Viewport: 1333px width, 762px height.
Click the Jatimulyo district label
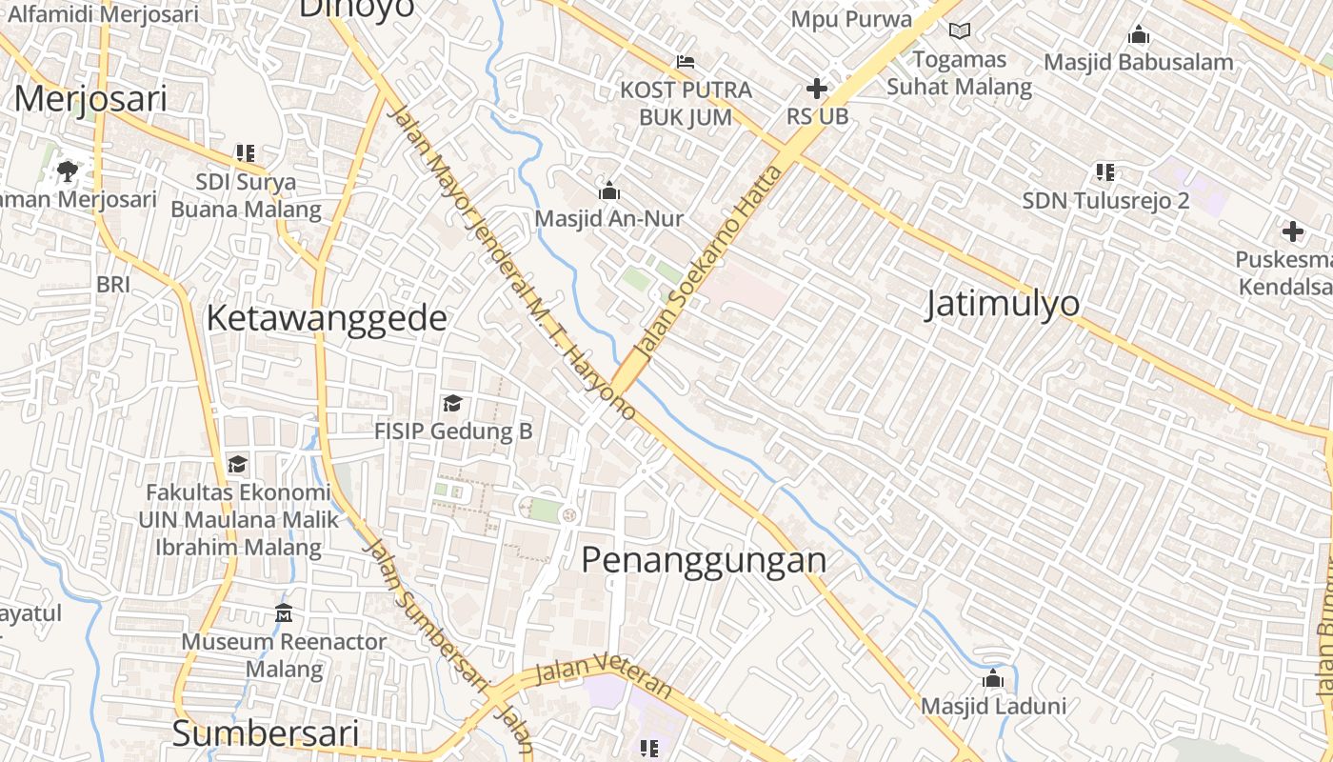(x=1003, y=303)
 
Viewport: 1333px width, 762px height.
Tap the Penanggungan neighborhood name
(x=704, y=559)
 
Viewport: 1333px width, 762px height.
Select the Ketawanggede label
(x=327, y=318)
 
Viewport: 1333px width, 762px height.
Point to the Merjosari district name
(x=90, y=99)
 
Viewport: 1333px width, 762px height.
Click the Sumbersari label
(x=266, y=734)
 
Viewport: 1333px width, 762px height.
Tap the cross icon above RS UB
(x=816, y=89)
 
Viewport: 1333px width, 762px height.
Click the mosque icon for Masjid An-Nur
(x=609, y=190)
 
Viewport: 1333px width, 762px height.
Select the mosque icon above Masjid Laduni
(x=993, y=679)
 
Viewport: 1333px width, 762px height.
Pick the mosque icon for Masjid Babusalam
(x=1138, y=35)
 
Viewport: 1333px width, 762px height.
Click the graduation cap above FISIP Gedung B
(x=452, y=404)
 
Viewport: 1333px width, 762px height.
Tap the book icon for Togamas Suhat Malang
(x=959, y=31)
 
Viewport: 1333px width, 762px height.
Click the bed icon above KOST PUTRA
(x=685, y=62)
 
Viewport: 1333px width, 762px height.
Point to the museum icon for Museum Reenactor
(x=284, y=613)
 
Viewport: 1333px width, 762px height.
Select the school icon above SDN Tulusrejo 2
(x=1104, y=172)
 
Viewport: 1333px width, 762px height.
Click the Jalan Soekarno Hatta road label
(x=709, y=262)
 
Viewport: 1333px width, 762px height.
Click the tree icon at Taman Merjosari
(x=67, y=171)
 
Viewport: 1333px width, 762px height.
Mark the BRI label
(x=112, y=284)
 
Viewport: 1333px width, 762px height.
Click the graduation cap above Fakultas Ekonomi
(x=237, y=465)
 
